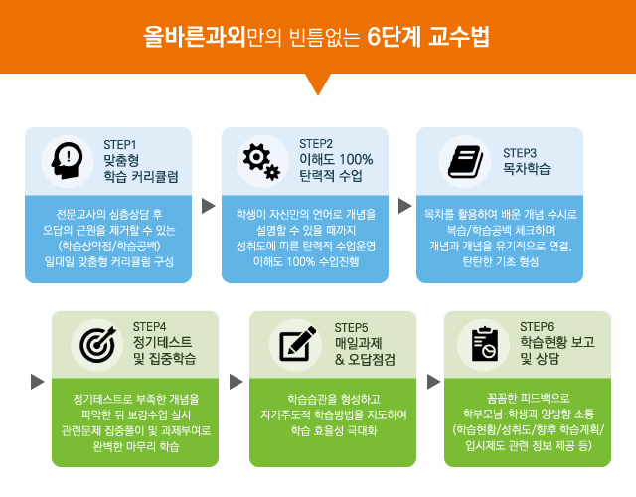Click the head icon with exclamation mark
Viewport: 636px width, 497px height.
click(67, 161)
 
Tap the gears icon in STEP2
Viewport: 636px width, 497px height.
click(261, 161)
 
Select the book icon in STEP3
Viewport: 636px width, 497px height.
click(465, 161)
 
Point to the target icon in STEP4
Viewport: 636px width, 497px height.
click(97, 345)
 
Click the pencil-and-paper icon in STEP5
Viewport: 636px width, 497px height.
click(298, 344)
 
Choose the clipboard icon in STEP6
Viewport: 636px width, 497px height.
click(485, 344)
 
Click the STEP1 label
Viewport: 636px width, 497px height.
click(120, 145)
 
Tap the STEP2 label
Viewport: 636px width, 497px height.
click(316, 144)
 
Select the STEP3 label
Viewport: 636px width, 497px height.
click(520, 153)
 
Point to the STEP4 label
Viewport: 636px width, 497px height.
click(149, 327)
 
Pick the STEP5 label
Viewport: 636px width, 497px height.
click(351, 327)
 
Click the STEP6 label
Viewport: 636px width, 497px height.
click(537, 327)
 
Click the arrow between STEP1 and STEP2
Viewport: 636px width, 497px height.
click(208, 206)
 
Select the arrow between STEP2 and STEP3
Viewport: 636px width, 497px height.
click(404, 206)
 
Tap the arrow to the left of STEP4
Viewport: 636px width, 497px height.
click(38, 382)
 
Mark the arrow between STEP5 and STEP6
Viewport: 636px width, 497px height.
click(433, 382)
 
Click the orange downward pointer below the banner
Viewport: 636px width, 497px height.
click(318, 84)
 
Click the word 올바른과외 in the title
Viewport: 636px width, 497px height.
click(195, 37)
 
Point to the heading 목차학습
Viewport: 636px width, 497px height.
click(527, 168)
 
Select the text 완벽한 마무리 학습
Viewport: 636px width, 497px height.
click(136, 446)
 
